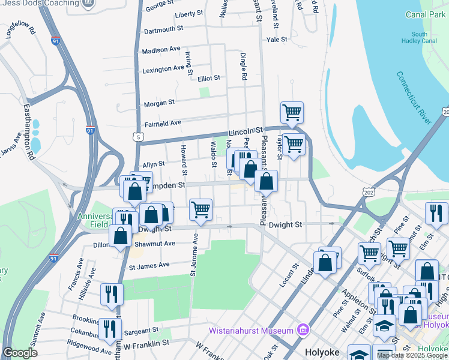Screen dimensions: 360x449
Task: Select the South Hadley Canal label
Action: [x=420, y=38]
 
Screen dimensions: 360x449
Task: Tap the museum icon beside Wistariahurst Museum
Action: [x=303, y=330]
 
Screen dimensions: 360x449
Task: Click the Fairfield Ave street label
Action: [x=163, y=124]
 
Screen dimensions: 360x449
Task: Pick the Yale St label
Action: [x=277, y=39]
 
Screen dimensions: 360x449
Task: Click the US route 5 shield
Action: [x=139, y=137]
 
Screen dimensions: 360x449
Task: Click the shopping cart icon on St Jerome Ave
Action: [x=201, y=210]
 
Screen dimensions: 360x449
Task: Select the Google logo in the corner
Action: [x=20, y=353]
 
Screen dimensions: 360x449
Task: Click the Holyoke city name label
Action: [x=323, y=352]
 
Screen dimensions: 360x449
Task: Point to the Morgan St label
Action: [x=159, y=103]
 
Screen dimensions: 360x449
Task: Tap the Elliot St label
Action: [x=209, y=78]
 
